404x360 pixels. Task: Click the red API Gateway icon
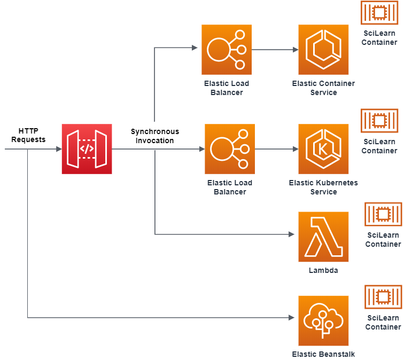coord(87,149)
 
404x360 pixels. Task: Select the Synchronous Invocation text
coord(155,136)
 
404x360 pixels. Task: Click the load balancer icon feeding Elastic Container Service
coord(227,50)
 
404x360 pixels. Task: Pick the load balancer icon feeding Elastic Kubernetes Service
coord(230,149)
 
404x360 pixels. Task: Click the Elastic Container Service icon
coord(323,50)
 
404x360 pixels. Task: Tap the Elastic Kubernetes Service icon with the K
coord(323,149)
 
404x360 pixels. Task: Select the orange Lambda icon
coord(323,237)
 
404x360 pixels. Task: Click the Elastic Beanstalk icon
coord(323,320)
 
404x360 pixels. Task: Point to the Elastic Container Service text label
coord(323,88)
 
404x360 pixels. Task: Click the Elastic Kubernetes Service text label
coord(323,187)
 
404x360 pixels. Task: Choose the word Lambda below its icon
coord(323,270)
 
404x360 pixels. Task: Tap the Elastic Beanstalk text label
coord(323,354)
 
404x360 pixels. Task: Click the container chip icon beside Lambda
coord(383,215)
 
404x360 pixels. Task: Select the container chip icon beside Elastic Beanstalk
coord(383,297)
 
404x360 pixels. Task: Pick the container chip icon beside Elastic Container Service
coord(379,13)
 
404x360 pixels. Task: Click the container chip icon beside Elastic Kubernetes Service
coord(379,121)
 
